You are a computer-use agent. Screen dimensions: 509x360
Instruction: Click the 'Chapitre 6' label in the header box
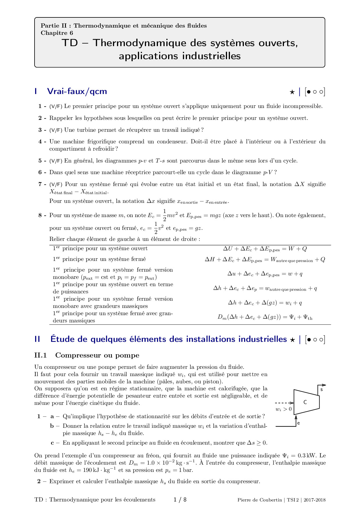click(57, 33)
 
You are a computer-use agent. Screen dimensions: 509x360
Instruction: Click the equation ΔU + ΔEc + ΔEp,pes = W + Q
click(265, 249)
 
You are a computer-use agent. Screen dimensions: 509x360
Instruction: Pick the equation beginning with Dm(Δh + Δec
click(265, 317)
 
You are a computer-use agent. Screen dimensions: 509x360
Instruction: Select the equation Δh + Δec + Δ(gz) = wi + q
click(265, 303)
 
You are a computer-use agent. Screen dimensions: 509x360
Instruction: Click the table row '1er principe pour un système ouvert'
click(100, 249)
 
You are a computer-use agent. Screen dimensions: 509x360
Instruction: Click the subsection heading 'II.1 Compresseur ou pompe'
click(87, 355)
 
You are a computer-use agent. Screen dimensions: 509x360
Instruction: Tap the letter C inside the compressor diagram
click(305, 402)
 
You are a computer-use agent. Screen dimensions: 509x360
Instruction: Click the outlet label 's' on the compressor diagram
click(321, 390)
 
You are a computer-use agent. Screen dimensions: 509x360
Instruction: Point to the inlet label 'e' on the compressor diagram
click(298, 423)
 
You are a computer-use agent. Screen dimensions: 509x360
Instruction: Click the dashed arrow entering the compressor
click(284, 403)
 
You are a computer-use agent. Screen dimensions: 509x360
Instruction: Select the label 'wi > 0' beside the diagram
click(283, 409)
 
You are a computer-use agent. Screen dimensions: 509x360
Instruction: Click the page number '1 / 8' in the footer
click(180, 500)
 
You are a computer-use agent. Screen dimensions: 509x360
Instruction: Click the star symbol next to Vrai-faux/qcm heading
click(292, 92)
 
